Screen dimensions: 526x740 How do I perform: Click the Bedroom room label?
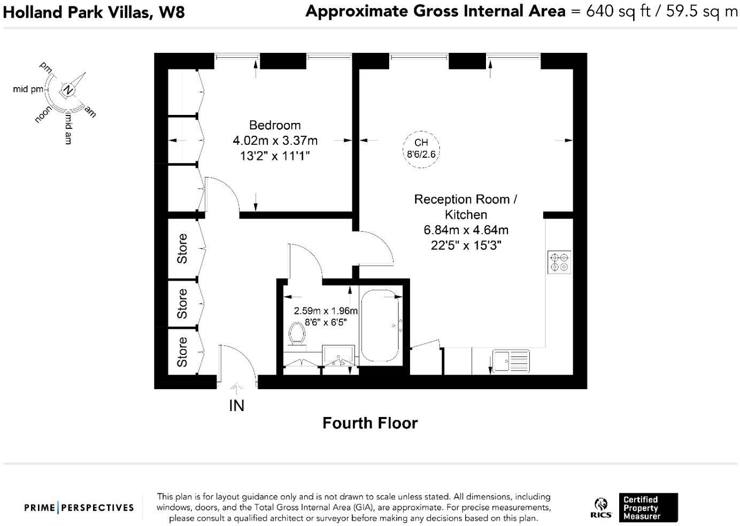(x=275, y=125)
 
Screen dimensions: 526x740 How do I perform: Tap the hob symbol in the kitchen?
(x=559, y=262)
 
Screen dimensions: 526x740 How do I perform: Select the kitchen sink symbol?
(x=511, y=361)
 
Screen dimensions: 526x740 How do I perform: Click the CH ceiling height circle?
(x=421, y=149)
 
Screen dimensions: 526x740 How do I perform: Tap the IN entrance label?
(x=236, y=406)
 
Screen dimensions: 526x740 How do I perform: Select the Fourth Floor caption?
(x=369, y=423)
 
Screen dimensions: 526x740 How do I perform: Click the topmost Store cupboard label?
(x=182, y=249)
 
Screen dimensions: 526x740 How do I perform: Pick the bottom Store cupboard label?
(x=182, y=352)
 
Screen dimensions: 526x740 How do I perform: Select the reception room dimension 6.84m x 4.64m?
(x=466, y=230)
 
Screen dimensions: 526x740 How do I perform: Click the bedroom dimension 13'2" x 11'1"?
(x=275, y=156)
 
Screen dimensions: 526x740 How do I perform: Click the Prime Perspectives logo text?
(x=79, y=507)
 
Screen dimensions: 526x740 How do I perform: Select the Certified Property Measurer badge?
(x=648, y=507)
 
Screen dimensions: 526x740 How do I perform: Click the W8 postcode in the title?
(x=172, y=12)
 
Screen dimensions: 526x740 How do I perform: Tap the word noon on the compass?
(x=43, y=114)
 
